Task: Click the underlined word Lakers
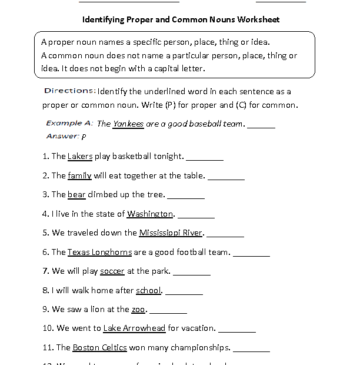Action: point(80,156)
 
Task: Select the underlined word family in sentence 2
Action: point(79,175)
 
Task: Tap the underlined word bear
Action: point(76,194)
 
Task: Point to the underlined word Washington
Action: point(150,214)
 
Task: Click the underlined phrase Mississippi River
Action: point(171,233)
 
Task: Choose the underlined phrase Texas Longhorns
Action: point(99,252)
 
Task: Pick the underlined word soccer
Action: point(112,271)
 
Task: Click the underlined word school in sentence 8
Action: point(148,290)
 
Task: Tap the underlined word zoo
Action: point(138,309)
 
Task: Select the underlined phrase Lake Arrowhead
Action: point(134,328)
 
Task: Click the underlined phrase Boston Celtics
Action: point(99,347)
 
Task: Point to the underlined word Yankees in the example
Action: point(128,124)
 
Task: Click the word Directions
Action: point(70,91)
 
